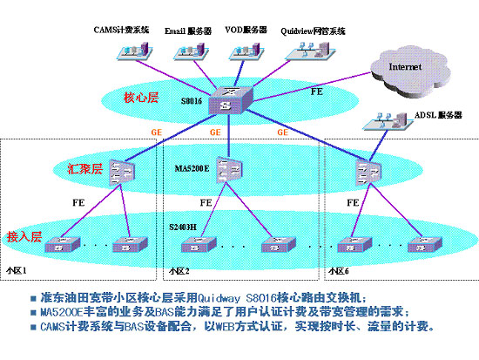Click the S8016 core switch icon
(227, 100)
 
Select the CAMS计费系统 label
(123, 31)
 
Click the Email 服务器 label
(188, 31)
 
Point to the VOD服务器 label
(246, 31)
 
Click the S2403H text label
(183, 226)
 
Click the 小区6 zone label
(339, 271)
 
